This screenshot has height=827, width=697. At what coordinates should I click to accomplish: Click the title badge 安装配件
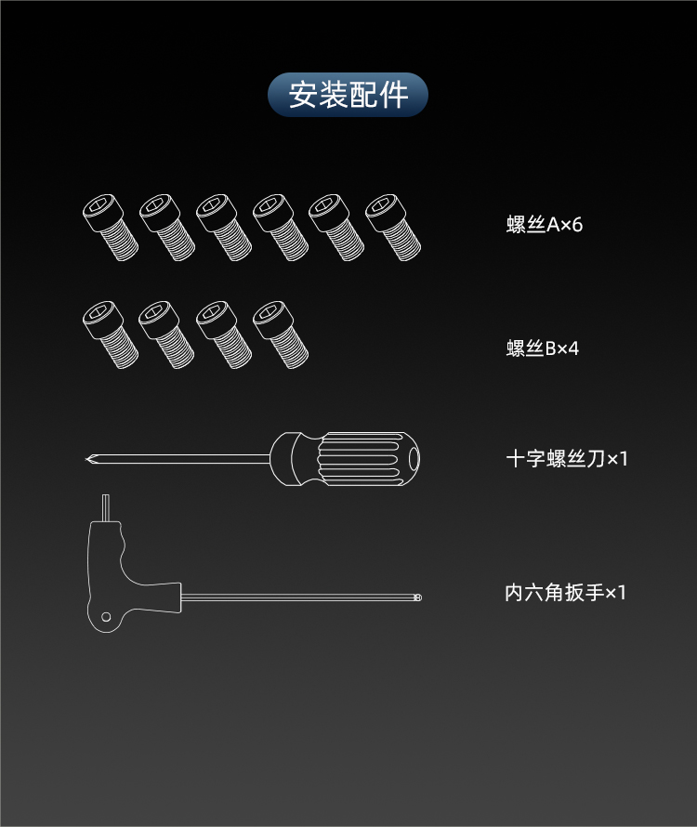pos(348,95)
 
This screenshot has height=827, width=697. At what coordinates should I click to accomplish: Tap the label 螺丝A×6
pos(544,225)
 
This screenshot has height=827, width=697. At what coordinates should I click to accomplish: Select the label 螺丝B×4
pos(543,348)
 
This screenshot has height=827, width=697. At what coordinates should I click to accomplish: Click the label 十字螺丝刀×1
pos(567,458)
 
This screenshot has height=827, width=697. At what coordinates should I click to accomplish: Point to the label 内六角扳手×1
pos(565,592)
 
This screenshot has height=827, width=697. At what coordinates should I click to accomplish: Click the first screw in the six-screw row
pos(111,228)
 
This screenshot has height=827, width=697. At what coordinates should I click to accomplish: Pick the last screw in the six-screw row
pos(393,228)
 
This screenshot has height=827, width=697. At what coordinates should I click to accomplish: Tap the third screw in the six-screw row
pos(224,228)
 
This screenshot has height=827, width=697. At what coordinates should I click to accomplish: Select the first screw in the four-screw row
pos(111,335)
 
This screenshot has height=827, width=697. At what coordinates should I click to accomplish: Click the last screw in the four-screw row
pos(281,335)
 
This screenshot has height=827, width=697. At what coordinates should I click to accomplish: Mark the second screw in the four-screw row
pos(166,335)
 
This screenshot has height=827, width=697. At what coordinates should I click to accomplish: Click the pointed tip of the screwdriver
pos(86,459)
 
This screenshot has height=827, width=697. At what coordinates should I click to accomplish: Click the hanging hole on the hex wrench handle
pos(106,617)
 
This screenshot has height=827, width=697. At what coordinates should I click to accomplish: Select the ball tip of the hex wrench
pos(418,597)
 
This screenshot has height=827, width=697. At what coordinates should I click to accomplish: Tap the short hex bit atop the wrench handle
pos(106,508)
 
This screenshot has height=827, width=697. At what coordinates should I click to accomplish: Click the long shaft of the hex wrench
pos(298,597)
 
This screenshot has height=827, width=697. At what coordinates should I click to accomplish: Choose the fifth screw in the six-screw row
pos(336,228)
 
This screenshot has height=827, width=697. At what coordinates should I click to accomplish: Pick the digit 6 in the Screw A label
pos(577,225)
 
